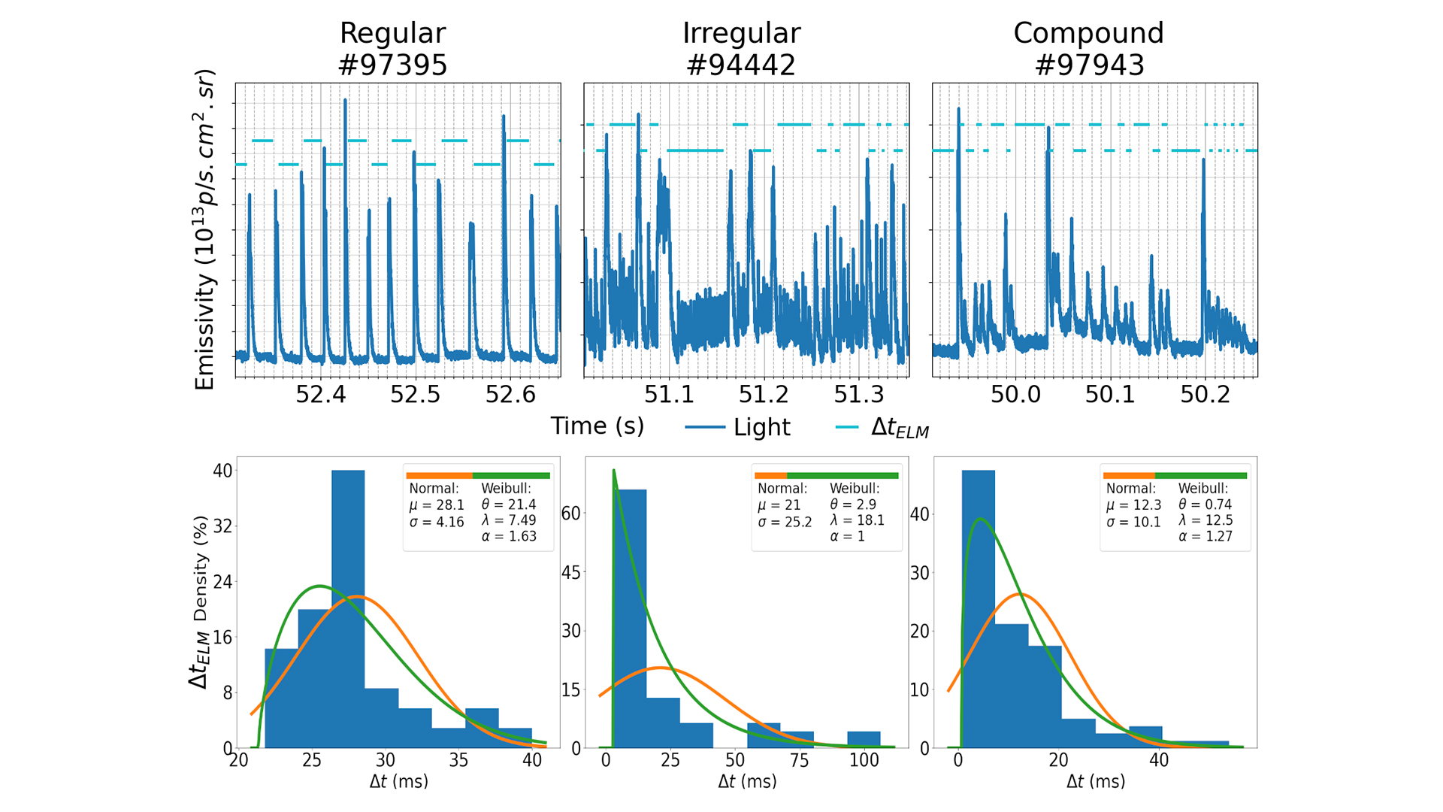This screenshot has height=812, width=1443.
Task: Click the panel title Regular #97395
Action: (392, 49)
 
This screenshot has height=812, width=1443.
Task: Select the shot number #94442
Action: (740, 65)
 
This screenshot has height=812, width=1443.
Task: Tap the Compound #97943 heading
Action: (1088, 49)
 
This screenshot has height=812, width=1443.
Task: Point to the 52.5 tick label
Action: (415, 394)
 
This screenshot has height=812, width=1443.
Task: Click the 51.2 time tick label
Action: (764, 394)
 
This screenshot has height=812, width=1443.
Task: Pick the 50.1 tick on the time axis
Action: (1110, 394)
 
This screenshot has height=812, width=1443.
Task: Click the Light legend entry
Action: (761, 427)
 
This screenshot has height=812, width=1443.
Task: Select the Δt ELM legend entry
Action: (899, 427)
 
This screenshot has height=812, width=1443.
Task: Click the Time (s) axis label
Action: (597, 426)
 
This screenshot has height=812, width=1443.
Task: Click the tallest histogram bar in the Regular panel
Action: (348, 609)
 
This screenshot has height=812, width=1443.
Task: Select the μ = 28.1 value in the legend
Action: (437, 505)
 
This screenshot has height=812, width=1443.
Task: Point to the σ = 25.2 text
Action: (785, 522)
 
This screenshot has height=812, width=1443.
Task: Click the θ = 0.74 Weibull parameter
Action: (1206, 504)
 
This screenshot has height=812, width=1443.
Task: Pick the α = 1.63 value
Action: (509, 537)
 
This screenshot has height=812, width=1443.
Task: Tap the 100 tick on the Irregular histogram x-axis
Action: (864, 760)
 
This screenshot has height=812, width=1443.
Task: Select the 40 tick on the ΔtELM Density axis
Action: (222, 471)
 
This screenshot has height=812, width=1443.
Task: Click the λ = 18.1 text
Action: (858, 520)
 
